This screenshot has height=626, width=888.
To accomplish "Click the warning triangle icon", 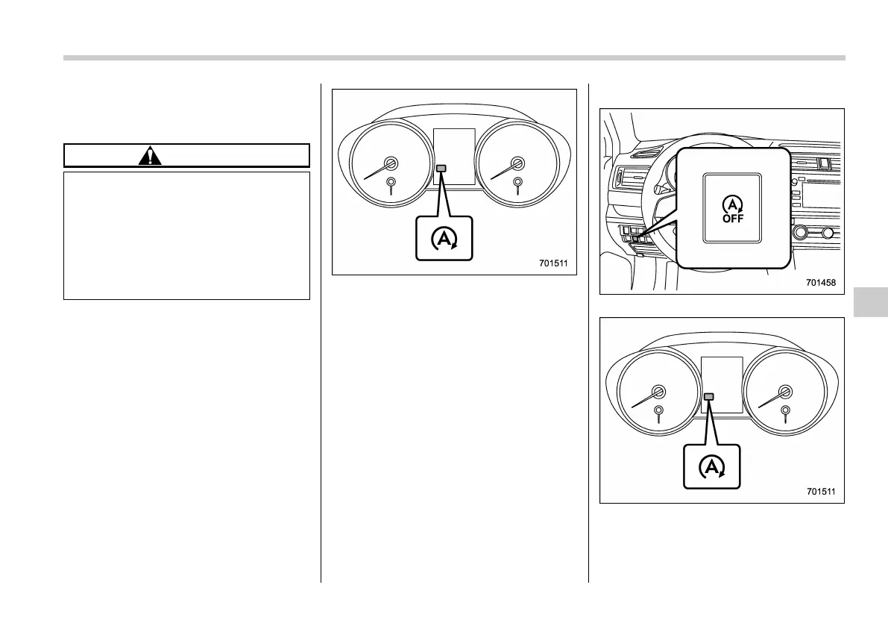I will [x=151, y=156].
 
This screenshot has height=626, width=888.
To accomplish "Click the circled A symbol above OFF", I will [x=731, y=202].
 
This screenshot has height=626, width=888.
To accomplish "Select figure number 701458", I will [x=822, y=284].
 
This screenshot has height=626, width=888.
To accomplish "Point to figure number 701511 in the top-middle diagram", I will [x=555, y=263].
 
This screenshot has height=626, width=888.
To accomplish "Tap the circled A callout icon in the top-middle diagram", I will [x=444, y=238].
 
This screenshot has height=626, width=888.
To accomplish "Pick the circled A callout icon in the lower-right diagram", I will [x=712, y=467].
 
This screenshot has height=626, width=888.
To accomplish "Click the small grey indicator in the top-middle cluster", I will [x=442, y=169].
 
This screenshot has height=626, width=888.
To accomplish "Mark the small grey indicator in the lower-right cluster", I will [x=710, y=397].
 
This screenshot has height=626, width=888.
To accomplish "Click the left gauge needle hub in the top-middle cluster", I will [x=391, y=163].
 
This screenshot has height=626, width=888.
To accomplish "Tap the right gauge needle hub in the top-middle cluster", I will [x=517, y=163].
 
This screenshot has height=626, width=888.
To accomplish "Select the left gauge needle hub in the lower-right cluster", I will [x=658, y=392].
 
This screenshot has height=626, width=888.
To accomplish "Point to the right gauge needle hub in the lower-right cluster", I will [x=784, y=392].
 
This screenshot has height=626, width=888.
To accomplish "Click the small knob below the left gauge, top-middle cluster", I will [x=391, y=182].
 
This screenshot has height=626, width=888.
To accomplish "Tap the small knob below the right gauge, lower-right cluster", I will [x=784, y=410].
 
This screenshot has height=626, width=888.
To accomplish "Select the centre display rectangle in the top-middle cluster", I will [x=454, y=157].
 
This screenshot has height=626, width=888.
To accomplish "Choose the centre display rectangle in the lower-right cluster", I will [x=722, y=384].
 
